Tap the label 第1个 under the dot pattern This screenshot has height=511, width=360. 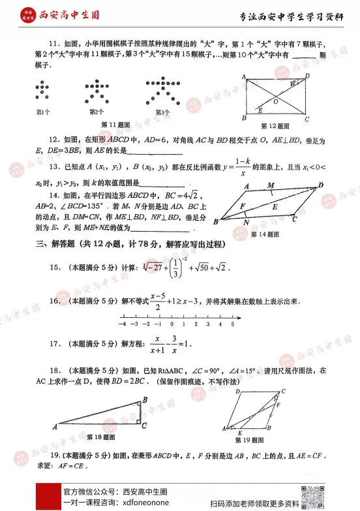(x=43, y=112)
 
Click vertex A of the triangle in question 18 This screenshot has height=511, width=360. (x=55, y=427)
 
